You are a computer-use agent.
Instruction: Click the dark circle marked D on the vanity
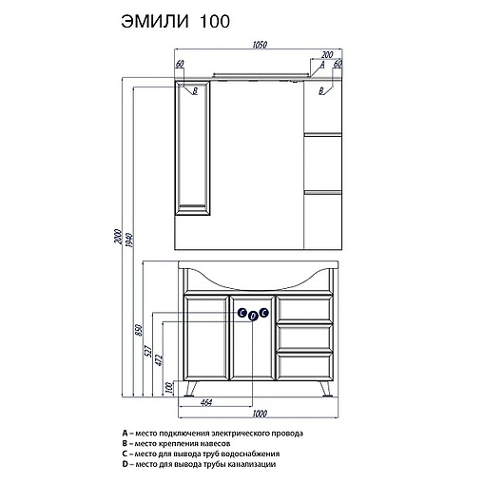(254, 315)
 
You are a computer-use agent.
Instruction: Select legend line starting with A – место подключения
(211, 433)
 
